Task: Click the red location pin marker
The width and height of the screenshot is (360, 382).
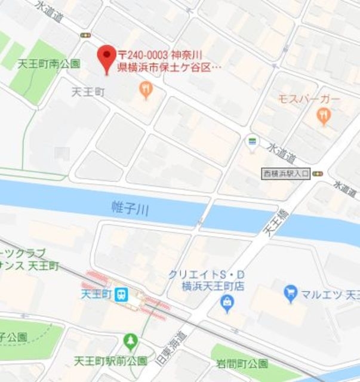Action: (x=107, y=58)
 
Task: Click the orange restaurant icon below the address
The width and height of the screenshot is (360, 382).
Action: (x=146, y=90)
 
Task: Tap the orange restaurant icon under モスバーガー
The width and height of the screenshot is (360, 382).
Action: (x=324, y=116)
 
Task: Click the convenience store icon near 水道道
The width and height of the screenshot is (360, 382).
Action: (x=253, y=142)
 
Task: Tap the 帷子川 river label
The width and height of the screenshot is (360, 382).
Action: (x=130, y=208)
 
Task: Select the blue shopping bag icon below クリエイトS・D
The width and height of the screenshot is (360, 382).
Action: (x=226, y=305)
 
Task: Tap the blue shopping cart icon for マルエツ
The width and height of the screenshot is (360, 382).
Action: (x=291, y=292)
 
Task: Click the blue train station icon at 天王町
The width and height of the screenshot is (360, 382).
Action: (x=122, y=294)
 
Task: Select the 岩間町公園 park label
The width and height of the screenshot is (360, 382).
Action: (x=242, y=363)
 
